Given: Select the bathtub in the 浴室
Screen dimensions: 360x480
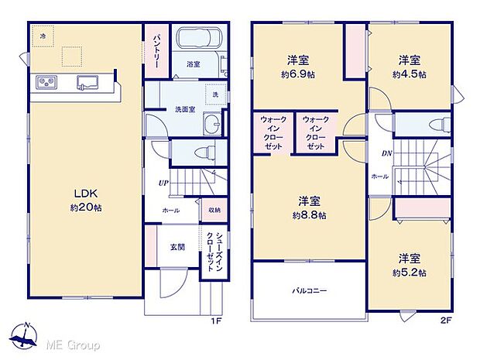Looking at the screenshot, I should click(x=200, y=39).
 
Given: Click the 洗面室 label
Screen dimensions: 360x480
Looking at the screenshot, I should click(x=183, y=108).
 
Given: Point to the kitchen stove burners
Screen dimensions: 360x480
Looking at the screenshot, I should click(x=43, y=82).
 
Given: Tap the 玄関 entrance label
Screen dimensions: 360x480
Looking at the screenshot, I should click(x=177, y=248).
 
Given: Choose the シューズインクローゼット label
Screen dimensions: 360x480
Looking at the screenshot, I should click(x=211, y=249).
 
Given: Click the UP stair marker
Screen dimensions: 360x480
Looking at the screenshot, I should click(x=163, y=183).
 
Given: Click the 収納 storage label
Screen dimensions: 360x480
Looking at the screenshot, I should click(x=213, y=210).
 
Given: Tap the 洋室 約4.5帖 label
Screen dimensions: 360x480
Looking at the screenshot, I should click(x=410, y=68).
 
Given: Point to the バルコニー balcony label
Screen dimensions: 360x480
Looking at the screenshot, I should click(x=309, y=291).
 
